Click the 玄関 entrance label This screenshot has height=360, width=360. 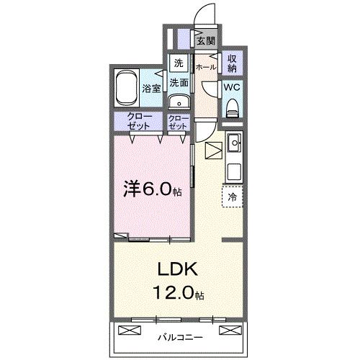207,40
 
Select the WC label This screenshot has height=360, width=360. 233,87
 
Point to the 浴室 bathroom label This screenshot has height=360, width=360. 151,89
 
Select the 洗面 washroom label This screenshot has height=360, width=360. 179,83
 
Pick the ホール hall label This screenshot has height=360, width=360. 206,67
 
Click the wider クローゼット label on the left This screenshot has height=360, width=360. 140,122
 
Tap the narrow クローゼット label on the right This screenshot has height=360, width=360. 178,122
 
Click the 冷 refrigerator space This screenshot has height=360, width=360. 233,195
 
